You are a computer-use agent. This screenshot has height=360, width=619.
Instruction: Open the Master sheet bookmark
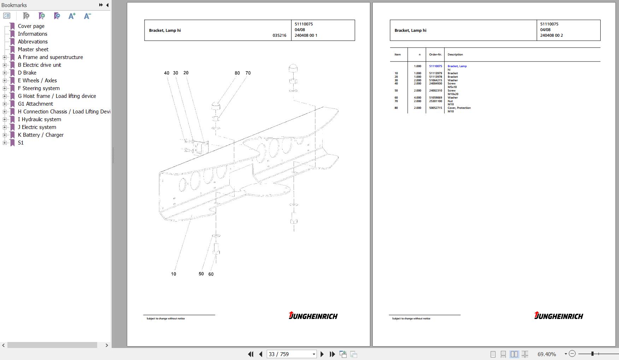click(33, 49)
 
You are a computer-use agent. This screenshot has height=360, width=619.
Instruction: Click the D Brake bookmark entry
click(27, 73)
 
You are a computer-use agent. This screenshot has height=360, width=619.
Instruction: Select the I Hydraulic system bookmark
click(40, 119)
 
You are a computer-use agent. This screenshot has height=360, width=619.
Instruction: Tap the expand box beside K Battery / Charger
click(5, 135)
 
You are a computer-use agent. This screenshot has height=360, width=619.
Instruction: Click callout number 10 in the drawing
click(173, 274)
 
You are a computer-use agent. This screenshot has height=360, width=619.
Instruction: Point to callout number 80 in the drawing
click(237, 73)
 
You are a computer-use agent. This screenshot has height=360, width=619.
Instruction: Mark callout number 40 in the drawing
click(166, 73)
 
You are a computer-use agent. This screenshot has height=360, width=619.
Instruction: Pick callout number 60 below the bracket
click(211, 274)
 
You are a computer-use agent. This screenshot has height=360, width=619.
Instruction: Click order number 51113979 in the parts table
click(436, 73)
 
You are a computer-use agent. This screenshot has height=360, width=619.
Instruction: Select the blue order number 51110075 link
click(436, 66)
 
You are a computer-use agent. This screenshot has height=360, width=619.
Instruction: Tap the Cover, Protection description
click(459, 108)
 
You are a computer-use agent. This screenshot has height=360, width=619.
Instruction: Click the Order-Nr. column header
click(435, 54)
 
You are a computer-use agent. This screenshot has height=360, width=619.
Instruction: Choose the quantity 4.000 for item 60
click(418, 98)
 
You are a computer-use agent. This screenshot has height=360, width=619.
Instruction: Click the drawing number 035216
click(279, 35)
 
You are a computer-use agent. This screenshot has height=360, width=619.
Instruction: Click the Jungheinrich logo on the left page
click(313, 315)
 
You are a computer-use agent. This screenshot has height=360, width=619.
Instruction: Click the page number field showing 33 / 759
click(291, 354)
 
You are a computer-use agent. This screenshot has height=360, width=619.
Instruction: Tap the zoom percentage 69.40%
click(547, 354)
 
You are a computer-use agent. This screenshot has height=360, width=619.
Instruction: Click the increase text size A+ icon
click(72, 16)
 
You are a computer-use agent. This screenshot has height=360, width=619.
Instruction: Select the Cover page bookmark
click(31, 26)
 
